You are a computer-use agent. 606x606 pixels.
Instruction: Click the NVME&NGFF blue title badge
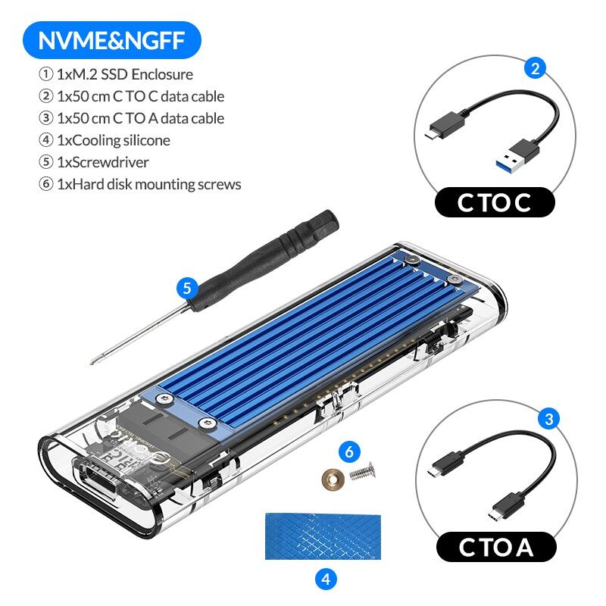pos(111,40)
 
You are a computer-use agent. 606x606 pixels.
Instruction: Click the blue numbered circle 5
pos(186,288)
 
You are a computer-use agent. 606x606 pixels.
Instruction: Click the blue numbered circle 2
pos(535,69)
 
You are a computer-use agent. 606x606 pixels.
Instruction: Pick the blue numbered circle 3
pos(548,418)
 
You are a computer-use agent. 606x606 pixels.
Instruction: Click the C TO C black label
pos(495,203)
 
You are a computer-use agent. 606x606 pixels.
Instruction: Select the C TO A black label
pos(495,547)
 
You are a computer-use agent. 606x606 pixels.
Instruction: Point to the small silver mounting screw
pos(361,473)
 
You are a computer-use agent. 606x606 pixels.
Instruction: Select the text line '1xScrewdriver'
pos(93,162)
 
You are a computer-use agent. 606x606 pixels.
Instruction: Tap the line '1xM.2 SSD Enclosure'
pos(115,74)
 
